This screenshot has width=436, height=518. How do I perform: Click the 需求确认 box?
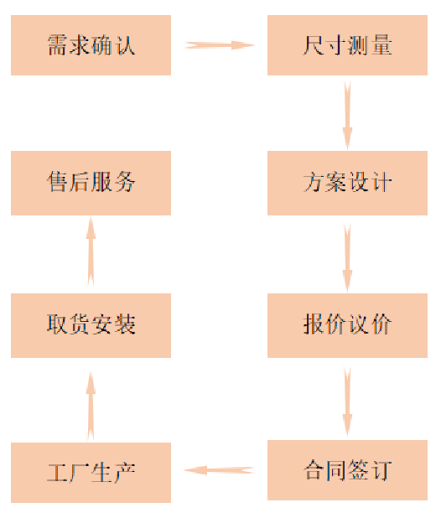(x=91, y=45)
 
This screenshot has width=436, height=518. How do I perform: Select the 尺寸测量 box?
(x=347, y=45)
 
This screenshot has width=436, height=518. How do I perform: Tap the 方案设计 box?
(x=347, y=183)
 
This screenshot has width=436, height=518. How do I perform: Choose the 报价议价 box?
(x=347, y=325)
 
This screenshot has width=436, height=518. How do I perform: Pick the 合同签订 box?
(x=347, y=470)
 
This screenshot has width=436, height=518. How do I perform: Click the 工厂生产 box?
(x=91, y=473)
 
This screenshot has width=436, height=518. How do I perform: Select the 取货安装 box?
(x=91, y=325)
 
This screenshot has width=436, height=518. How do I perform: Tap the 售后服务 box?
(x=91, y=183)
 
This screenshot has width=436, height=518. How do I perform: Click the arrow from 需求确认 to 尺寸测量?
(x=219, y=45)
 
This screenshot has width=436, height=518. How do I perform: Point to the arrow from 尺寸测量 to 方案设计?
(x=347, y=115)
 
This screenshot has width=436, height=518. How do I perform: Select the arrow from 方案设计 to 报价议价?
(x=347, y=257)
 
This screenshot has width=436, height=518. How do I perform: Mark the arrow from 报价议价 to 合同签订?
(x=347, y=401)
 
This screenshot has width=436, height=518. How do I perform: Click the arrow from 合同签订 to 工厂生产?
(x=219, y=470)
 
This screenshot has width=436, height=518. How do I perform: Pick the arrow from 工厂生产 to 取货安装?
(x=91, y=407)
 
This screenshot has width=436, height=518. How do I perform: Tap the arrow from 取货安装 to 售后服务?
(x=91, y=251)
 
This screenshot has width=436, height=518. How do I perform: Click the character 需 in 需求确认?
(x=57, y=45)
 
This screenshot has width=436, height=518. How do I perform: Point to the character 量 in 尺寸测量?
(x=381, y=45)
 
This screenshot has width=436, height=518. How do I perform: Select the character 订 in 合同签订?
(x=381, y=470)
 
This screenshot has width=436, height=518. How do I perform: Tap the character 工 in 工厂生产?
(x=57, y=473)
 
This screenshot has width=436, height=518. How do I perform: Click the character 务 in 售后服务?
(x=125, y=182)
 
